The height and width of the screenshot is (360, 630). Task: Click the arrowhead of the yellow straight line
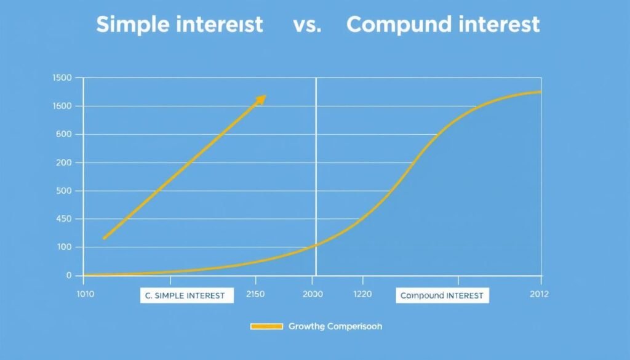point(261,99)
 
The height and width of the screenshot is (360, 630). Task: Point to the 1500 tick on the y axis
point(63,78)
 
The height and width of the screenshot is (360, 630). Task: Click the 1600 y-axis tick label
point(63,106)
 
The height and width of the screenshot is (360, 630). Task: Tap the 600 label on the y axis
point(65,134)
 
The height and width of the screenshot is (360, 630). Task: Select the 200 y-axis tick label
point(65,162)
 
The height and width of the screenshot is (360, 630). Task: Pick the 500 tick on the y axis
point(65,191)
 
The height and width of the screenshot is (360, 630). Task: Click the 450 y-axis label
point(65,219)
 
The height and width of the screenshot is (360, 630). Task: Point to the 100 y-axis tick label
point(65,247)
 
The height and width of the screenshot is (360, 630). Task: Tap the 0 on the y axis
point(69,276)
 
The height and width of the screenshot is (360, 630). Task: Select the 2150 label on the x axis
point(254,295)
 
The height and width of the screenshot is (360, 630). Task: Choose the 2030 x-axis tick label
point(312,295)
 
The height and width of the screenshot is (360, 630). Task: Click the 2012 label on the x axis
point(540,295)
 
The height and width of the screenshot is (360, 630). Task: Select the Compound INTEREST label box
point(442,296)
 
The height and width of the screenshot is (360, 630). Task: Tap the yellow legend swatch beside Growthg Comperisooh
point(266,326)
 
